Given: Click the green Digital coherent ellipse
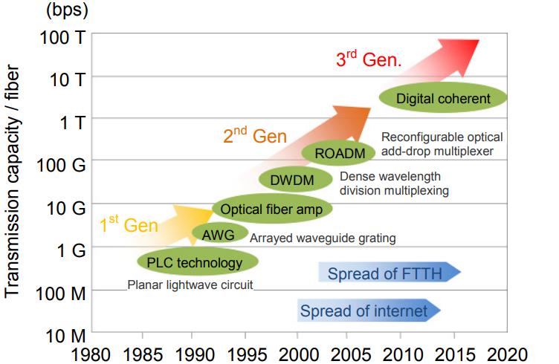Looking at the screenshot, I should pyautogui.click(x=443, y=98).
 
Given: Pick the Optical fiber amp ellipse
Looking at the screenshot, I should pyautogui.click(x=271, y=209).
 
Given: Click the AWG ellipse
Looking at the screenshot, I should pyautogui.click(x=219, y=234).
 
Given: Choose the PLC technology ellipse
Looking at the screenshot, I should pyautogui.click(x=198, y=261).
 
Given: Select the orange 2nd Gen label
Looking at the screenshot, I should pyautogui.click(x=254, y=136).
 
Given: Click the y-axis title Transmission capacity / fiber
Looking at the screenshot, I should pyautogui.click(x=13, y=182).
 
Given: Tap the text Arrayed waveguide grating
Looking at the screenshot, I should pyautogui.click(x=323, y=238).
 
